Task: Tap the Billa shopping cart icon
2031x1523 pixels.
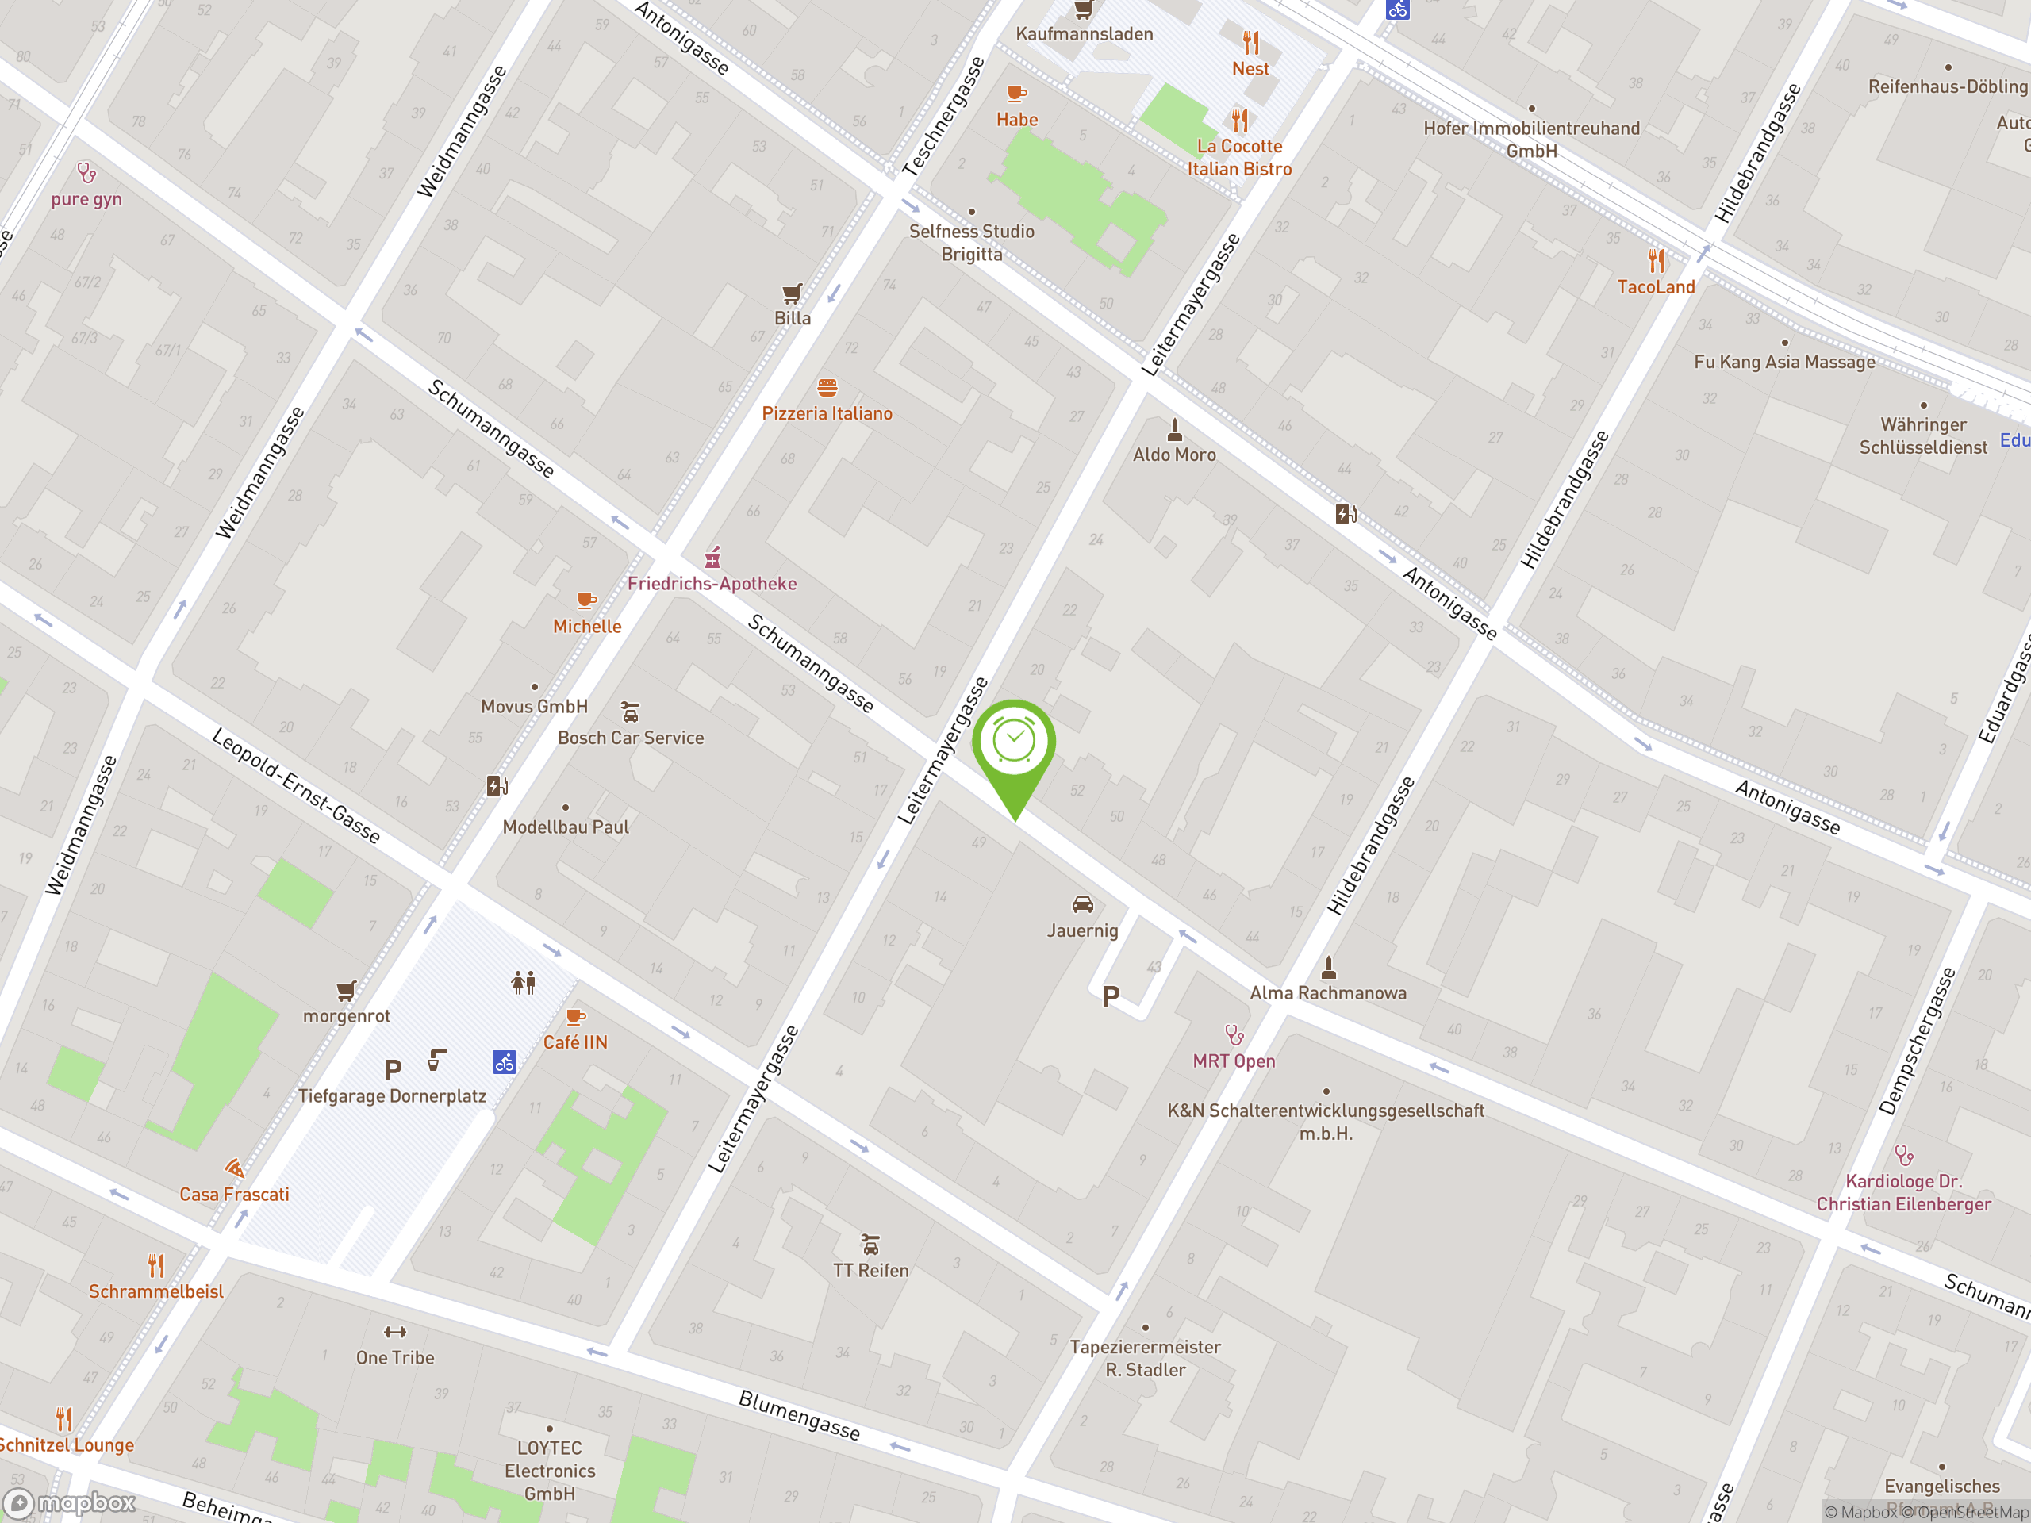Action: point(792,293)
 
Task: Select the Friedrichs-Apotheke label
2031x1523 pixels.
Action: point(712,584)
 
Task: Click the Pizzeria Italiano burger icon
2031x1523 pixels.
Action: point(827,387)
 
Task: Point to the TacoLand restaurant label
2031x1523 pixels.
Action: point(1656,287)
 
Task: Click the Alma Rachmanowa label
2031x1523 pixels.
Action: point(1326,992)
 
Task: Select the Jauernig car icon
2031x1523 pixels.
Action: point(1082,905)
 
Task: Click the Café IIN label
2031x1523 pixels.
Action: point(574,1042)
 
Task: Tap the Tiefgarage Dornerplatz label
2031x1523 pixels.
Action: point(392,1096)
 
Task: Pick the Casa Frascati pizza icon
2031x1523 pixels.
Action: point(234,1168)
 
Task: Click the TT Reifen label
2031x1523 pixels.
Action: point(870,1271)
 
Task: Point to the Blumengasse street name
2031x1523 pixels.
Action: point(799,1414)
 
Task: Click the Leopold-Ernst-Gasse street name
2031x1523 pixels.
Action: point(296,785)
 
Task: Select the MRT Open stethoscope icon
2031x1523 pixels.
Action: point(1234,1035)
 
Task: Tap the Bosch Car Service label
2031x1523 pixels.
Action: point(631,738)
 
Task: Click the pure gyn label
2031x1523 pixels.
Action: point(86,199)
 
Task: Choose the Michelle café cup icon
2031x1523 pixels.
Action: point(585,601)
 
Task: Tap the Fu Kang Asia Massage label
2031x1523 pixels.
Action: point(1784,362)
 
